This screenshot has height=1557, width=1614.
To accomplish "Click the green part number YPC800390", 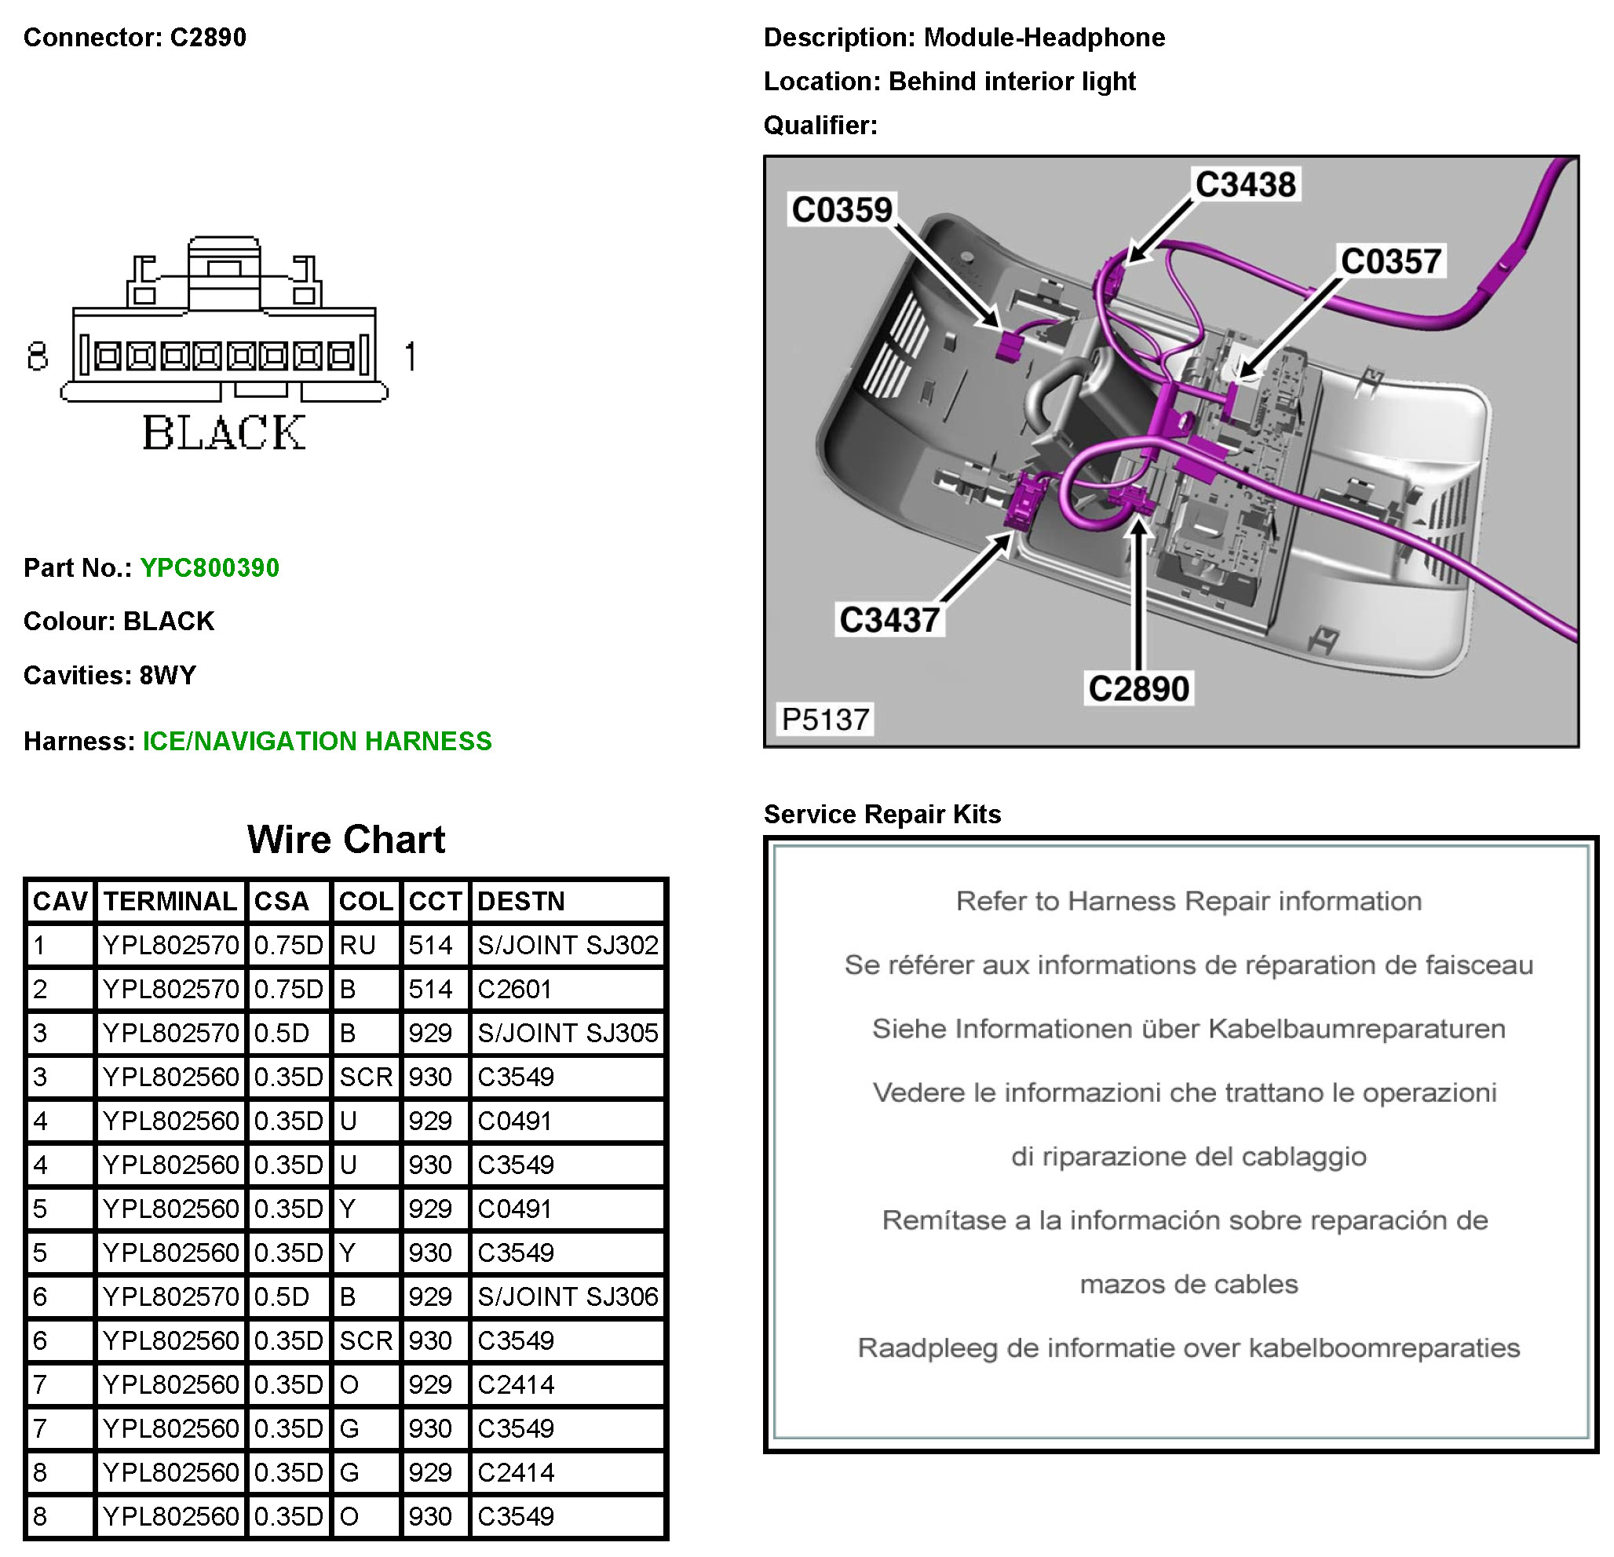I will (x=209, y=567).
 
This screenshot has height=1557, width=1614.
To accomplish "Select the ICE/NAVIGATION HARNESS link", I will (x=317, y=741).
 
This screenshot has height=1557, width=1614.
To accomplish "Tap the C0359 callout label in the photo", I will (x=842, y=210).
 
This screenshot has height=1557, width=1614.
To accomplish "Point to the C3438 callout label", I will (x=1245, y=184).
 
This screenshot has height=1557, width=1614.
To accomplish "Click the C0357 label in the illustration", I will (x=1391, y=261).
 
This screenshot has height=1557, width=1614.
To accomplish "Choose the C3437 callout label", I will (x=889, y=620).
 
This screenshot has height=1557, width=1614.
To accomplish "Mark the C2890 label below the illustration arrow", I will (x=1139, y=689).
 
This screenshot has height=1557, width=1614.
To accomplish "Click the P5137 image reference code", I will (x=825, y=720).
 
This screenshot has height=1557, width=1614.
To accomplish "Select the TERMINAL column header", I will (x=170, y=901).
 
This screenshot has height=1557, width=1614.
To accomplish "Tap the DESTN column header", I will (x=521, y=901).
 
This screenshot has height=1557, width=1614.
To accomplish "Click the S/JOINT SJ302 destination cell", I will (x=568, y=944).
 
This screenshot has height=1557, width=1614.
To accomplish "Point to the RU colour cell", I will (x=357, y=944).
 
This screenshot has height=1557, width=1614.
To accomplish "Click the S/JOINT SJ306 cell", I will (x=568, y=1296).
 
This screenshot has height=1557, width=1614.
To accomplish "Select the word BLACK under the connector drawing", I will (x=224, y=433).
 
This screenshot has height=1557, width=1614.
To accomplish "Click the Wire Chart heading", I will (x=346, y=840).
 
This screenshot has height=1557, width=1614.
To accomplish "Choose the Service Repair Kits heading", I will (x=882, y=815).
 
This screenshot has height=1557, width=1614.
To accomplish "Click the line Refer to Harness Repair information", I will (x=1189, y=901).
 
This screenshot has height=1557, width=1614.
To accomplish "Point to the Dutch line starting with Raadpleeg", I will (x=1189, y=1348).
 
